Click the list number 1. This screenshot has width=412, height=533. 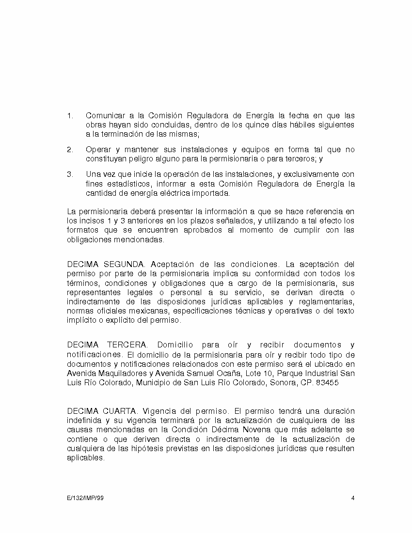pos(69,116)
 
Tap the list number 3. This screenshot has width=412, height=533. pos(69,174)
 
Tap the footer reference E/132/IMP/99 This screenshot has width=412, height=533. pos(85,498)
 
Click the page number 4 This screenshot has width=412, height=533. pos(353,498)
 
